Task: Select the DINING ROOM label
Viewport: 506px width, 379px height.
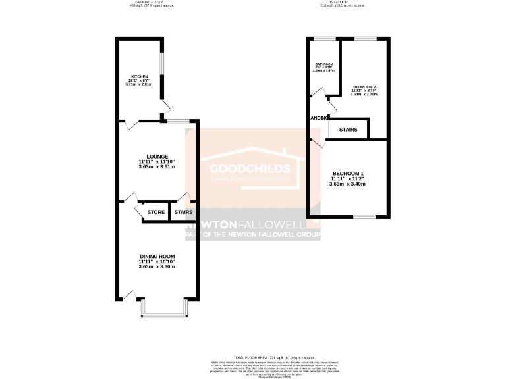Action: (x=157, y=255)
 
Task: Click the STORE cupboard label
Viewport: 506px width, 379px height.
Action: (x=156, y=212)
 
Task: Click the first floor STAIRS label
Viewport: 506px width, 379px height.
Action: (x=349, y=130)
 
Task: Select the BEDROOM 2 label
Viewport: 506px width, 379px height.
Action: (x=364, y=86)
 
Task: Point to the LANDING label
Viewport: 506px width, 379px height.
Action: (x=318, y=118)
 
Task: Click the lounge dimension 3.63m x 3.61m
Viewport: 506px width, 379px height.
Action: (x=157, y=168)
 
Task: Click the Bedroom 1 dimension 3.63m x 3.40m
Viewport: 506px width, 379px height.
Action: (x=347, y=184)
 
